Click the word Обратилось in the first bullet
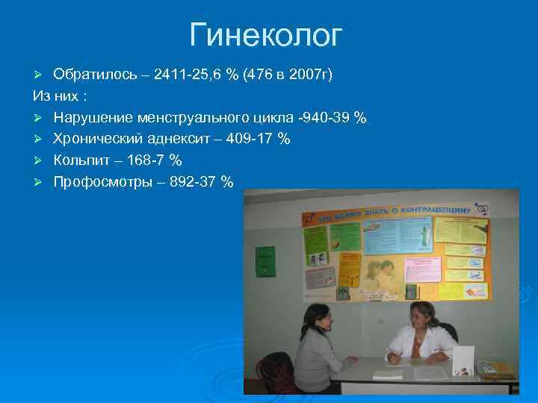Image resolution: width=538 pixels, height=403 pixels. coord(95,75)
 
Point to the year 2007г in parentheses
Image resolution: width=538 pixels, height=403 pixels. coord(312,75)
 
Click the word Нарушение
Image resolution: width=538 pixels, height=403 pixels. coord(90,118)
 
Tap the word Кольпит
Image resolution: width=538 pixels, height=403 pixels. coord(80,160)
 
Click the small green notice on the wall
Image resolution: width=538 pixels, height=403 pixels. coord(265,259)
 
